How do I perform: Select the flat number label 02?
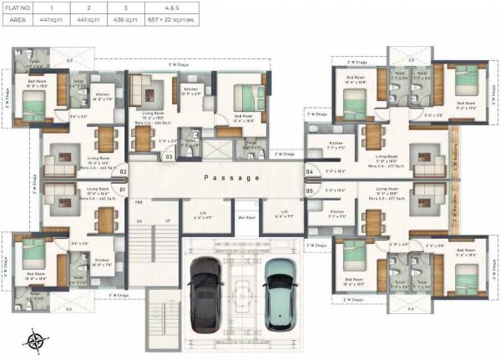coord(122,172)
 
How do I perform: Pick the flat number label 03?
coord(169,156)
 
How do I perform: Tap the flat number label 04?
coord(309,172)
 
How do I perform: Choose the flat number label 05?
coord(309,190)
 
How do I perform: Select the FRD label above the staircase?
coord(139,202)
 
